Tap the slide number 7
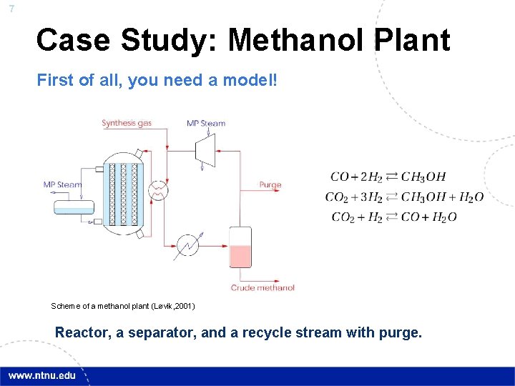11,9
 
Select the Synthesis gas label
127,123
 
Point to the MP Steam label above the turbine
206,123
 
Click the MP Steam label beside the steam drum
62,184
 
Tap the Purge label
270,184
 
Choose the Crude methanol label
263,287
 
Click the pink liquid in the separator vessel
240,256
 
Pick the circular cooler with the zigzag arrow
188,244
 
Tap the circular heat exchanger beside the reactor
156,189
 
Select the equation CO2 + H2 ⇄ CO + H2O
394,217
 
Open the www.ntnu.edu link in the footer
41,376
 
